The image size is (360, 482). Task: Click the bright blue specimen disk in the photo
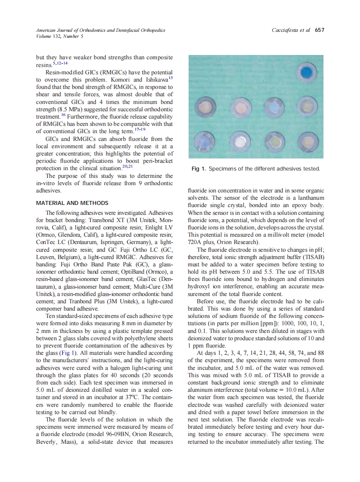[x=307, y=74]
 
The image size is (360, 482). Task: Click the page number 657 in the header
[x=319, y=30]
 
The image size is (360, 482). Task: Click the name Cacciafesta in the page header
[x=287, y=30]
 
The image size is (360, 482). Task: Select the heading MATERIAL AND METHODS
[x=72, y=203]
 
